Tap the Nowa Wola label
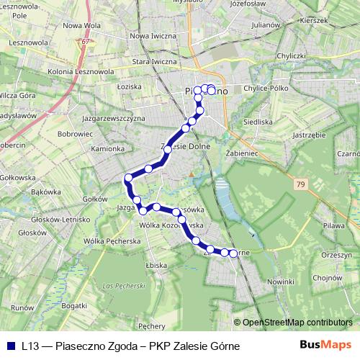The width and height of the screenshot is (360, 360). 81,25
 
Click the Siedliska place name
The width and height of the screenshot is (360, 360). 257,122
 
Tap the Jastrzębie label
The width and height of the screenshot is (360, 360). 310,135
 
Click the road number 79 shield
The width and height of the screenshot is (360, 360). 300,185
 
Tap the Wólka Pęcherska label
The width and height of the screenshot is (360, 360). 112,240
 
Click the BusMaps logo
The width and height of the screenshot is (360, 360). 326,345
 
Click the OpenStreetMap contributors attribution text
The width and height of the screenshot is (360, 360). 297,323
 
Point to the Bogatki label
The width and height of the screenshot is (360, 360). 74,306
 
